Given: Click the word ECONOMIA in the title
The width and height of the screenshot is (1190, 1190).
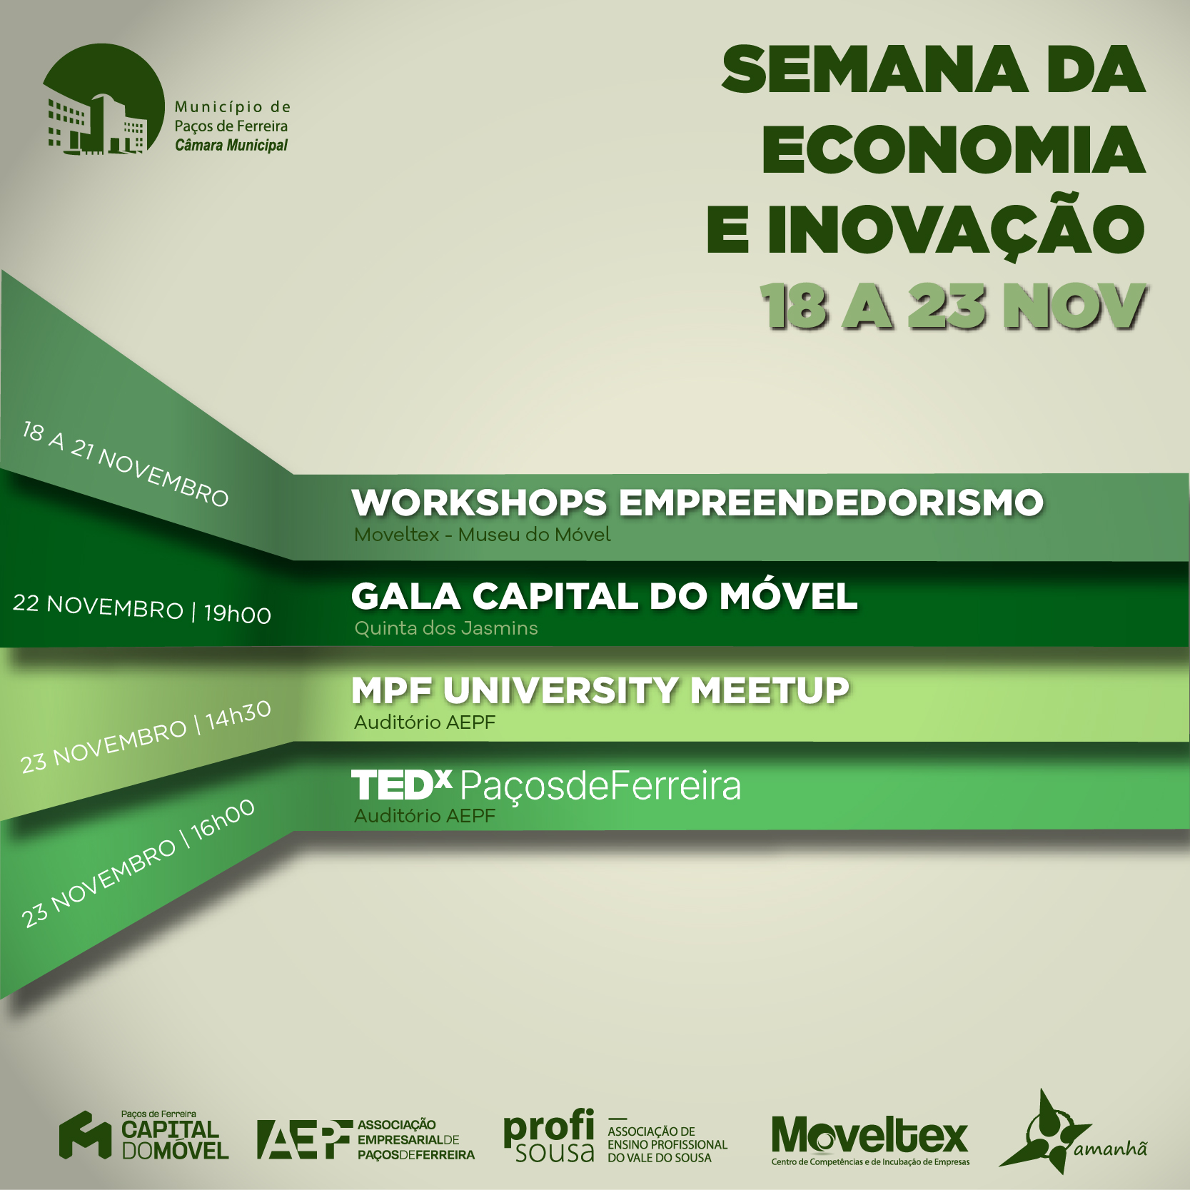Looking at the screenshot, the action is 954,150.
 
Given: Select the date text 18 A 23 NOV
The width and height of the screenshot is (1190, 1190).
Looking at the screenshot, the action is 954,307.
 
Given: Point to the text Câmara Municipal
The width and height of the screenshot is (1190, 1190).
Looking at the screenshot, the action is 231,146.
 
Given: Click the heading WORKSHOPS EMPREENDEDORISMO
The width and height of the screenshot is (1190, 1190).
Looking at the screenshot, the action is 697,503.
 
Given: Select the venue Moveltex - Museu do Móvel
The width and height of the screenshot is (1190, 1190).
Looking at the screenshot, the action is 483,535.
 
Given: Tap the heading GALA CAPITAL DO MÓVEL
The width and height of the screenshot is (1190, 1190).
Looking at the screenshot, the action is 604,596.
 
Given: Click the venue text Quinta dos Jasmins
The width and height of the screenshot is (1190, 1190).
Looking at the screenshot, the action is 446,628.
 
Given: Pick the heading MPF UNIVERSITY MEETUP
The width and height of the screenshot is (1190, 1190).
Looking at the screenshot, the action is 600,690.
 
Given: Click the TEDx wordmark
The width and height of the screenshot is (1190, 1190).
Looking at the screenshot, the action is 401,785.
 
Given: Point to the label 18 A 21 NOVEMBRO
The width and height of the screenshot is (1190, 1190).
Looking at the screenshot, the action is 126,464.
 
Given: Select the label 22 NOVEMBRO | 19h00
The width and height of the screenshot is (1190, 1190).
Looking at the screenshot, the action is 142,609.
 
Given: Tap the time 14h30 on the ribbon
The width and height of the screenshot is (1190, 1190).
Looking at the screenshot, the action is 238,716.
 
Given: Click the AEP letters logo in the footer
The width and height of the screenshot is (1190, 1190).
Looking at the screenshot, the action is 305,1139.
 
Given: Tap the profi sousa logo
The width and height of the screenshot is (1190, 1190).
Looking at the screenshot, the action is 549,1136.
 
